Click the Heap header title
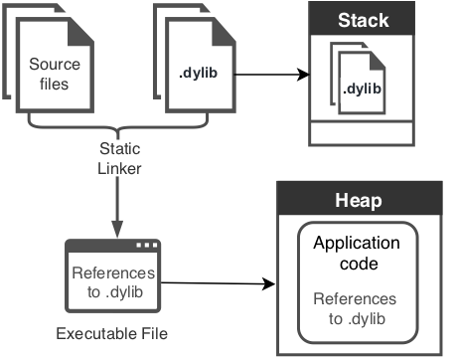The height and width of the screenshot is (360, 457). pyautogui.click(x=362, y=203)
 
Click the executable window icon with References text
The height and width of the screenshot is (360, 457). pyautogui.click(x=113, y=277)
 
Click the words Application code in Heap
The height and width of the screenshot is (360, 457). pyautogui.click(x=356, y=253)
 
